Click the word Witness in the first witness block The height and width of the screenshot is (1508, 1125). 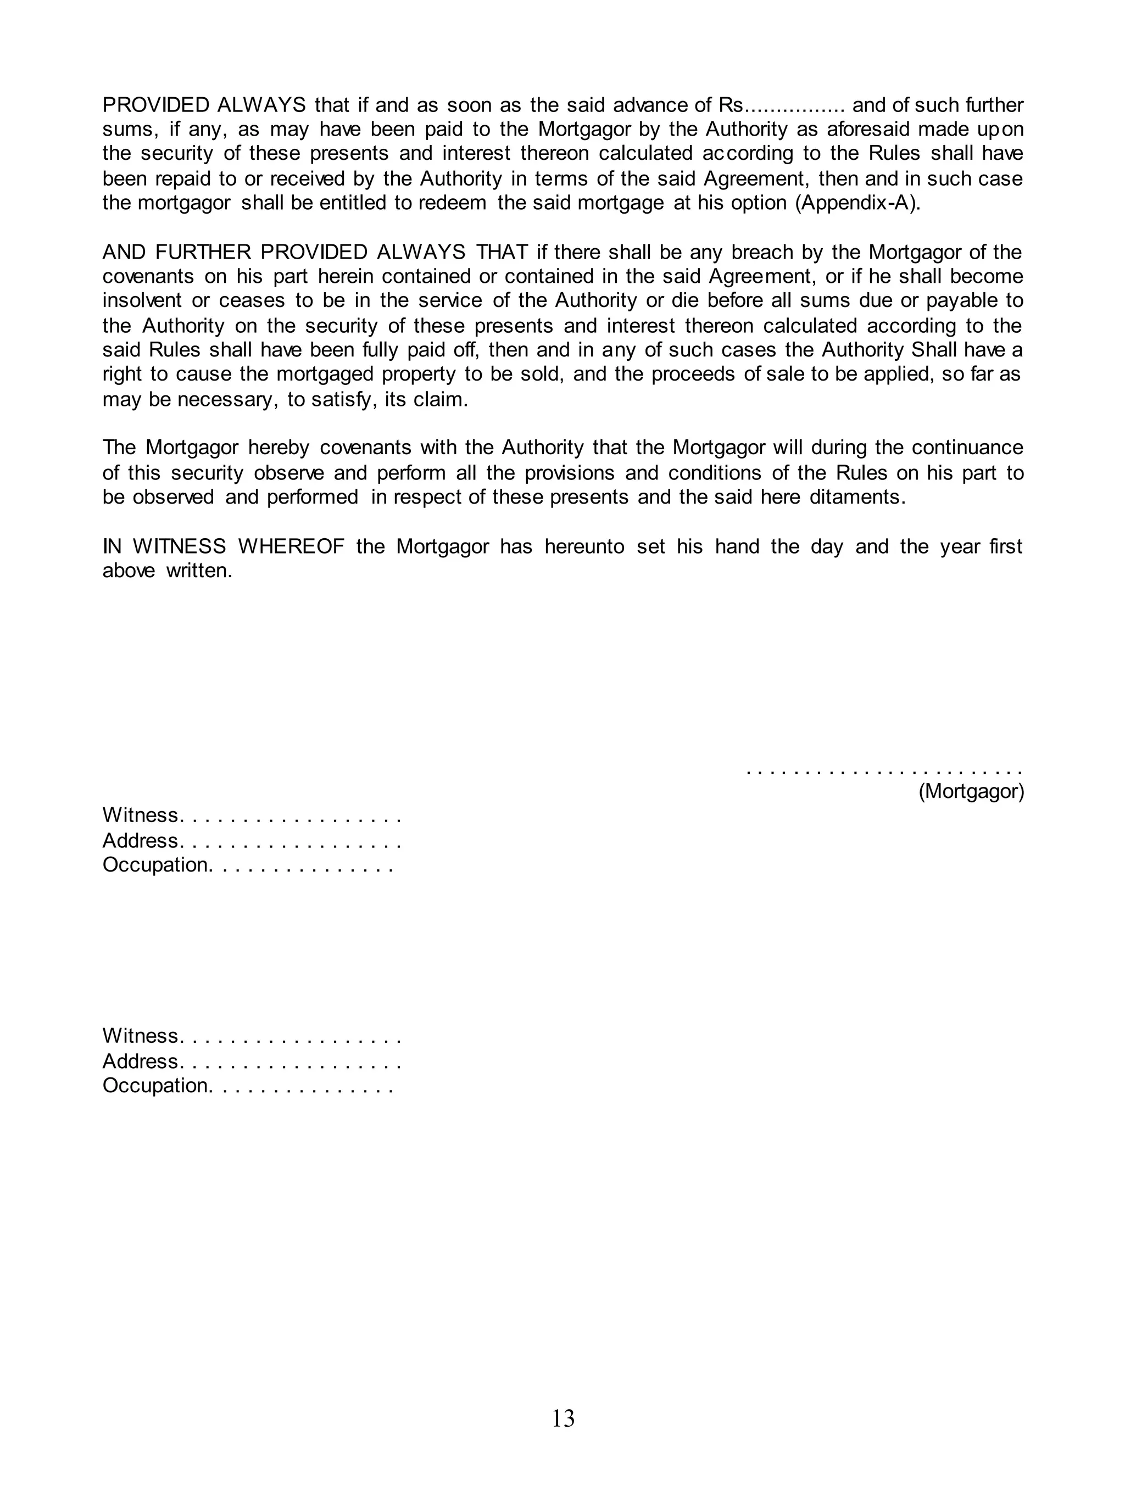tap(140, 815)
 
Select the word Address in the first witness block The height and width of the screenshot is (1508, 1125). tap(140, 841)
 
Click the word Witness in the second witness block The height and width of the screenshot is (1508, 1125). tap(140, 1036)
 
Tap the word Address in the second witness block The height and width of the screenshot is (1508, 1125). tap(140, 1062)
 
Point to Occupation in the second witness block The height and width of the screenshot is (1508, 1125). tap(155, 1085)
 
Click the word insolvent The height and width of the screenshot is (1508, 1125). tap(142, 301)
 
